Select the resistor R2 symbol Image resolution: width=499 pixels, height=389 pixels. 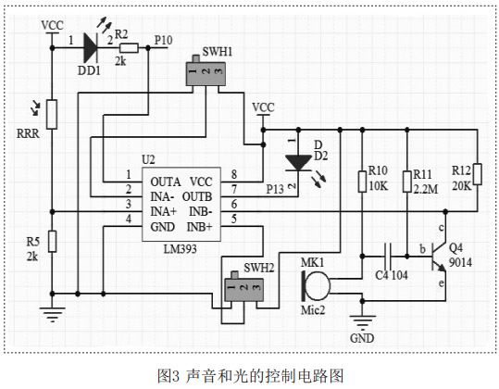click(129, 48)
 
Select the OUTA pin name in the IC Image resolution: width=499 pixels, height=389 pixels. click(166, 182)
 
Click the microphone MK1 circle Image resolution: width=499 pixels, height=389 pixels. click(318, 275)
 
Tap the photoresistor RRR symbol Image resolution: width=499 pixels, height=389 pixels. click(53, 114)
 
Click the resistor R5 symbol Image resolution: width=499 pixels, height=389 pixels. click(53, 243)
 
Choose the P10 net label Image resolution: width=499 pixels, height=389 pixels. click(163, 41)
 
